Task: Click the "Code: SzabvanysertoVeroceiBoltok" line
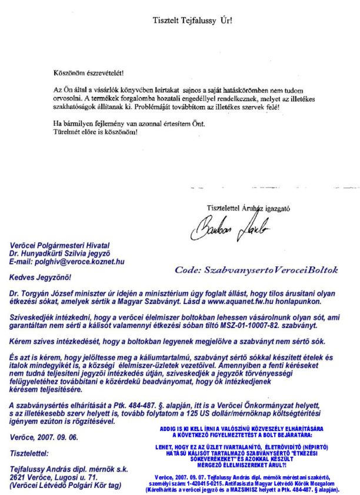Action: coord(256,270)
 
